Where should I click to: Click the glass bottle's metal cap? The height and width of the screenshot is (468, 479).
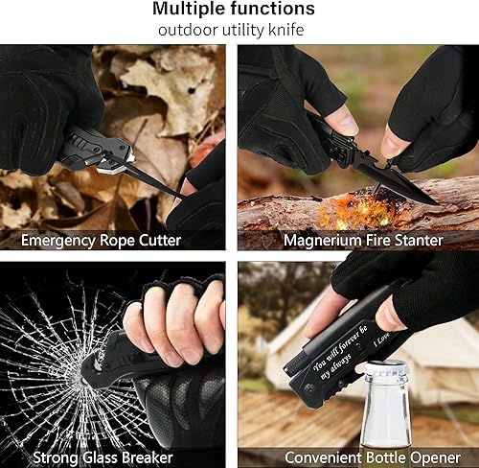coord(386,368)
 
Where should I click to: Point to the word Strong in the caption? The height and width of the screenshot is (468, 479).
coord(57,457)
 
